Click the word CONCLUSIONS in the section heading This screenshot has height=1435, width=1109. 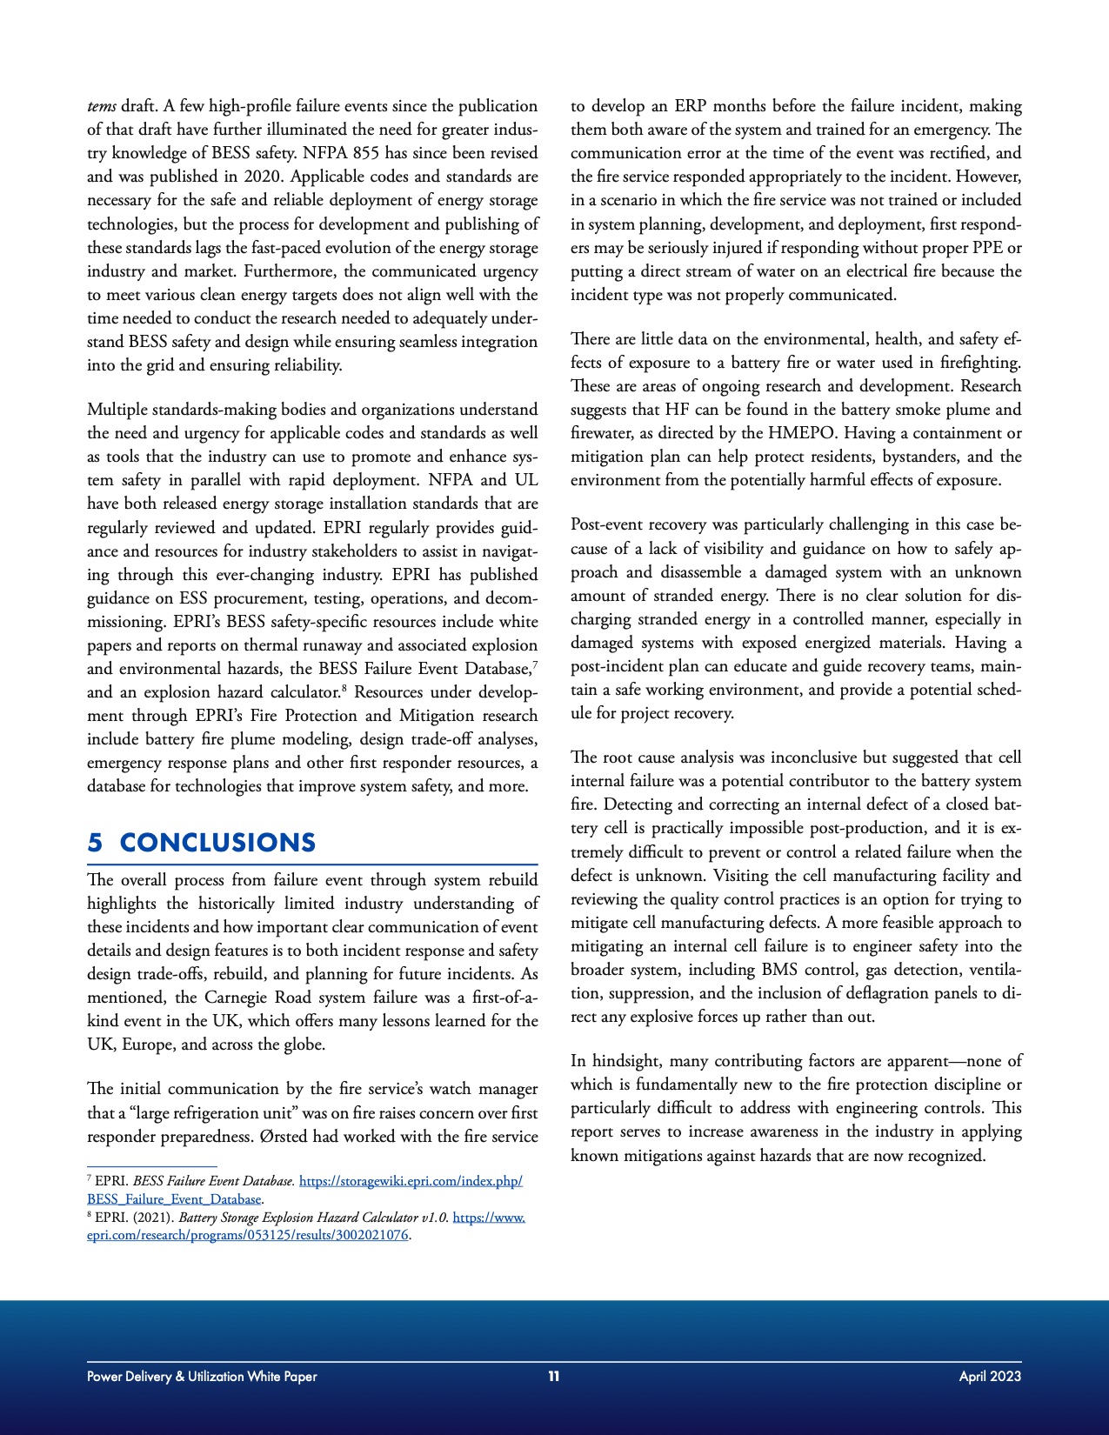click(x=217, y=843)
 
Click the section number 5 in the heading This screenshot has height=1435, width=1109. click(x=95, y=843)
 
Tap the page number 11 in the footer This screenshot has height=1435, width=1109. click(x=553, y=1376)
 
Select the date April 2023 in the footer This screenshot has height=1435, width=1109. click(x=990, y=1376)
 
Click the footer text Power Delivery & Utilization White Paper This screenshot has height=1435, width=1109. click(x=202, y=1376)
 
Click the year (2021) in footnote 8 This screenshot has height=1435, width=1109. click(x=152, y=1218)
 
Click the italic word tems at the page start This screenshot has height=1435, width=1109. click(x=101, y=106)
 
